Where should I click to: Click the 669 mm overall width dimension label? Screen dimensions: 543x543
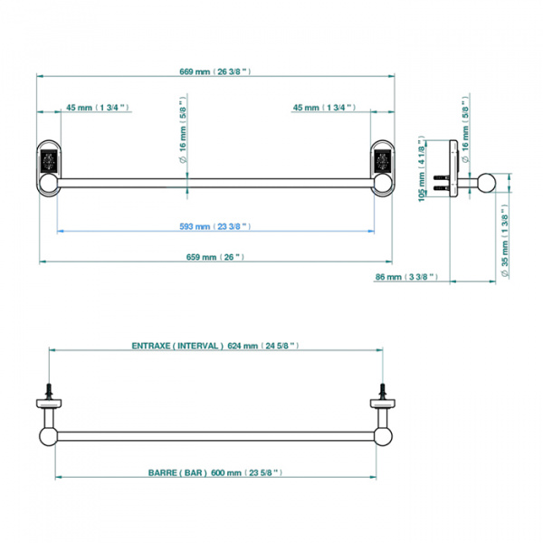point(215,71)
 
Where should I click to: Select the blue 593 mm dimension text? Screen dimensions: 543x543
point(215,226)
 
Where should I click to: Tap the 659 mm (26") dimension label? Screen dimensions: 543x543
point(215,257)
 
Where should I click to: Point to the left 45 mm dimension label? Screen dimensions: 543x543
point(98,108)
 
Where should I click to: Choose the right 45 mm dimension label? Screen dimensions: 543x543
point(324,108)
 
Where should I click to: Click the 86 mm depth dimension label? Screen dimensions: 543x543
point(406,277)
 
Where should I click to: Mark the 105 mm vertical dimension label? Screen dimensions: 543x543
point(422,169)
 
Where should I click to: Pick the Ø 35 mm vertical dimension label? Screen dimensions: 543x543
point(505,241)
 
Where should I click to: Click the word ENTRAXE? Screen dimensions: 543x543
point(151,346)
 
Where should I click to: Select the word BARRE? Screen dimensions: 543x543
point(163,472)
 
